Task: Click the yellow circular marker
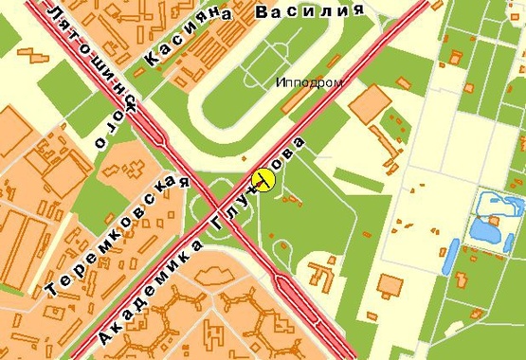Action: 263,180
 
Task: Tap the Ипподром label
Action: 308,83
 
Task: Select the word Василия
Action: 310,12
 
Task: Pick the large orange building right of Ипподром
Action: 371,103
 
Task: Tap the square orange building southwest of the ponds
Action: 388,284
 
